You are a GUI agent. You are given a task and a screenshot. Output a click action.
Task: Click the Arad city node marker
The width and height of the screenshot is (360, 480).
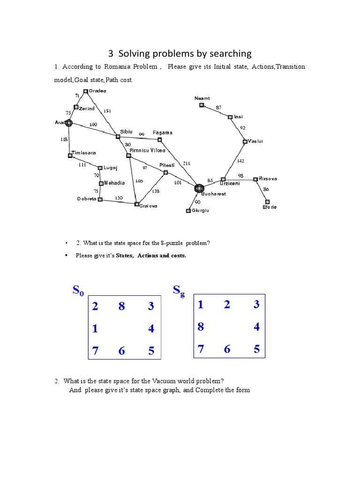[x=69, y=123]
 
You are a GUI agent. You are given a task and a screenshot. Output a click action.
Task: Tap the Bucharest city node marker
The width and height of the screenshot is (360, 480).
[x=199, y=188]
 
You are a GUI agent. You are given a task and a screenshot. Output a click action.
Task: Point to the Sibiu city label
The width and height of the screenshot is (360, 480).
[x=127, y=132]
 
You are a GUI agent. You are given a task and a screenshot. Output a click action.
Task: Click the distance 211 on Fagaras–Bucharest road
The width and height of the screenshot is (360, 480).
[x=187, y=163]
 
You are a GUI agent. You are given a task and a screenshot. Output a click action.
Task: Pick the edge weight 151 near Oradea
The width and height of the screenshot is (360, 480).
[x=107, y=111]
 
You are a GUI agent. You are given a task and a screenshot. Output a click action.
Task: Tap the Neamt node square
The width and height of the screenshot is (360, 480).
[x=202, y=105]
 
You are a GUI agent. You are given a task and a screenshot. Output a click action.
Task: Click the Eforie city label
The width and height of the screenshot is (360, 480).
[x=270, y=207]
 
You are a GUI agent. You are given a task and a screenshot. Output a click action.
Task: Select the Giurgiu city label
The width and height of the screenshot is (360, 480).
[x=201, y=210]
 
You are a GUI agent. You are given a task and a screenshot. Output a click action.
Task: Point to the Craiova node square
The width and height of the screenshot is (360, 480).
[x=137, y=204]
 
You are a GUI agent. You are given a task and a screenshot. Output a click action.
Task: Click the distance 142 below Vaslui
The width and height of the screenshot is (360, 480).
[x=240, y=161]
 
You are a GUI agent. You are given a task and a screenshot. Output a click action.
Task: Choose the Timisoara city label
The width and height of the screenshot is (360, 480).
[x=83, y=152]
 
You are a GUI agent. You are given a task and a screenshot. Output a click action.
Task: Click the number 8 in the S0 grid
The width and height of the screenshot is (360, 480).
[x=121, y=307]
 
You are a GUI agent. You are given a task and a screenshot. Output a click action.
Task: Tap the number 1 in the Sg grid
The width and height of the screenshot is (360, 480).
[x=201, y=305]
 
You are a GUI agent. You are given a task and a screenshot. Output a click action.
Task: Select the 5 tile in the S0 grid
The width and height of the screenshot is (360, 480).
[x=151, y=351]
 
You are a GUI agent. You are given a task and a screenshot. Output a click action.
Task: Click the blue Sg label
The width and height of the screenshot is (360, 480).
[x=179, y=291]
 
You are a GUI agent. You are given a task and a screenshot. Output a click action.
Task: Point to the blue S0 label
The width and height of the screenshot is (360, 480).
[x=78, y=291]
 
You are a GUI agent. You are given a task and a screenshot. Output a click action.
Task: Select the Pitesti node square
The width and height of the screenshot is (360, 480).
[x=165, y=172]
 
